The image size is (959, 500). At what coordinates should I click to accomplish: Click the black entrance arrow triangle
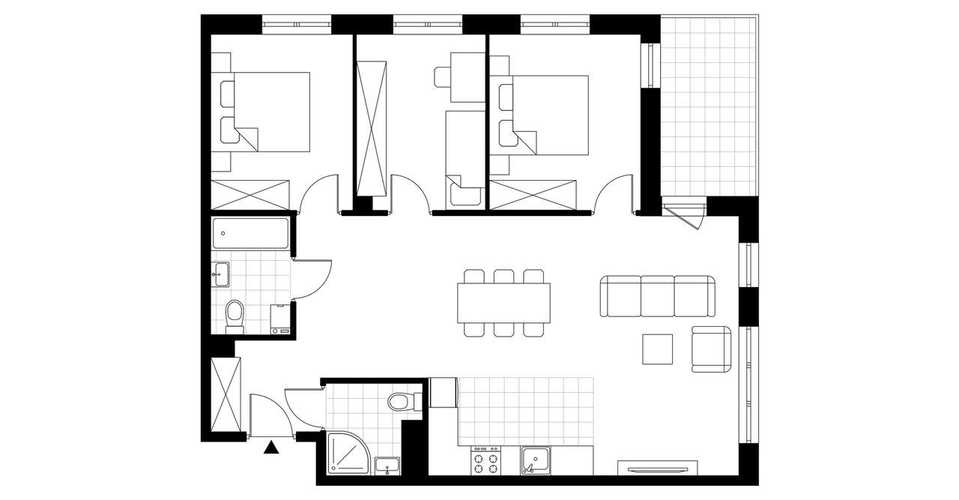tap(271, 448)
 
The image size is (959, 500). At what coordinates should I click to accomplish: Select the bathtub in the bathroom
tap(250, 233)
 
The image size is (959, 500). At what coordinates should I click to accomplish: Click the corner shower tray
tap(348, 454)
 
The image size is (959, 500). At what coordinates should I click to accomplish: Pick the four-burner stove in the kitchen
tap(485, 460)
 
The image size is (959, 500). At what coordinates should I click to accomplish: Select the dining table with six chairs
tap(503, 303)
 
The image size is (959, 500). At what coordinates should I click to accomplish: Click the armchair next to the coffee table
tap(711, 349)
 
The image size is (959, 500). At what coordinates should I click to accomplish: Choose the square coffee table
tap(658, 349)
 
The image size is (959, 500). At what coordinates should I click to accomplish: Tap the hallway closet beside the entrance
tap(226, 396)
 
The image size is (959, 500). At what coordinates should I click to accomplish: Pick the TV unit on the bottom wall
tap(657, 468)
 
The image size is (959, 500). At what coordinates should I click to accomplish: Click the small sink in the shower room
tap(387, 465)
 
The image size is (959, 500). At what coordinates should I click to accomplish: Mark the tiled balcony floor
tap(709, 105)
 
